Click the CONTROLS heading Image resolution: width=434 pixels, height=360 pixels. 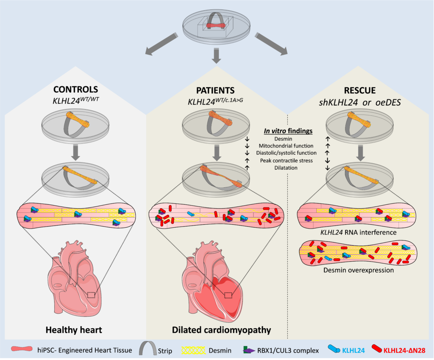75,89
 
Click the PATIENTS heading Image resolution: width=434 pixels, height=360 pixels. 216,89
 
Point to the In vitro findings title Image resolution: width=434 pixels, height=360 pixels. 288,131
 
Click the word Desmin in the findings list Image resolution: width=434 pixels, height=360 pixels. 288,139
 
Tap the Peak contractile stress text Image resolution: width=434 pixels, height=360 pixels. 288,160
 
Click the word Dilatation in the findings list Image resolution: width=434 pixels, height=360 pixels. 288,168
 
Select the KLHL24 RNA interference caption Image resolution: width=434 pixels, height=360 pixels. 359,232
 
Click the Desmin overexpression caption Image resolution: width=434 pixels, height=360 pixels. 359,270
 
